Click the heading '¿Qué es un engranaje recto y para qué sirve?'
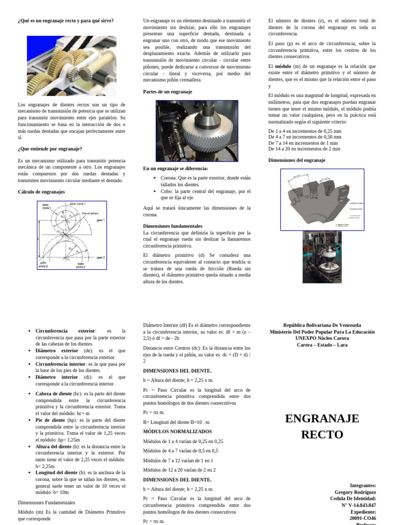pyautogui.click(x=66, y=21)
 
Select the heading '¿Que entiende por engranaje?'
pyautogui.click(x=50, y=149)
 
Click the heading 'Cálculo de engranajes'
pyautogui.click(x=41, y=192)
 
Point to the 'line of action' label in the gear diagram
pyautogui.click(x=90, y=213)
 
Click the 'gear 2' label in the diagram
pyautogui.click(x=100, y=257)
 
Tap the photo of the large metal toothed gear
pyautogui.click(x=197, y=131)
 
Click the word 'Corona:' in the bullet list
pyautogui.click(x=170, y=178)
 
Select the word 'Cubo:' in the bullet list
pyautogui.click(x=168, y=191)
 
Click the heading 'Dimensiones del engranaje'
pyautogui.click(x=297, y=160)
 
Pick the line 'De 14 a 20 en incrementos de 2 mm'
pyautogui.click(x=304, y=149)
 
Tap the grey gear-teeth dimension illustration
pyautogui.click(x=322, y=199)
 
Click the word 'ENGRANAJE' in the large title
pyautogui.click(x=322, y=418)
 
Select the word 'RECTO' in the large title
pyautogui.click(x=322, y=435)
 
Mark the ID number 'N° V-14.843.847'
pyautogui.click(x=358, y=505)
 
